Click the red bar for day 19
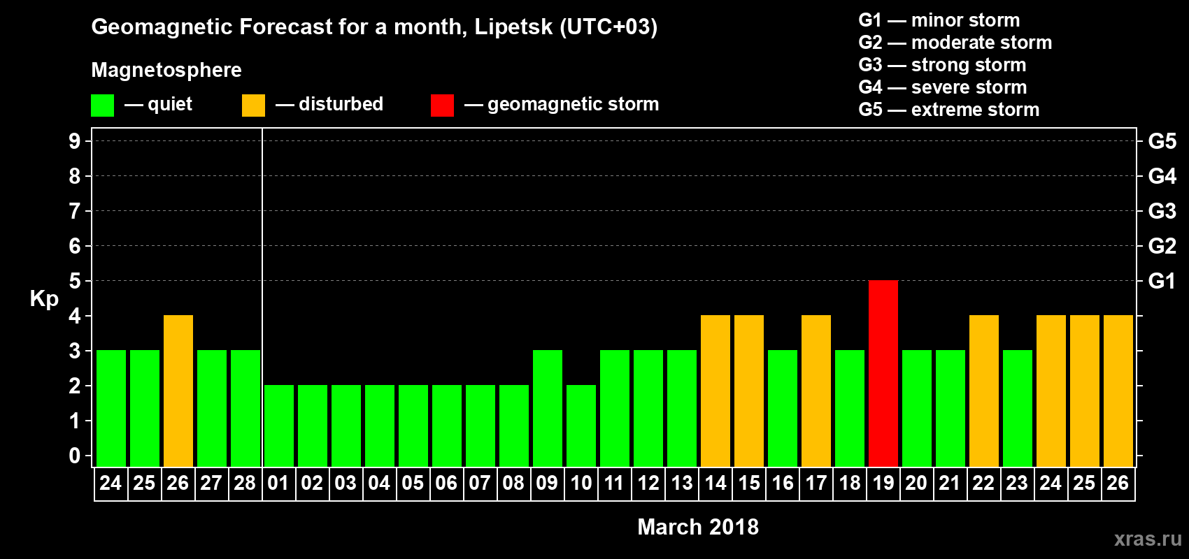[883, 373]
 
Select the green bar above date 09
[547, 408]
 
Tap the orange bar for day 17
[816, 391]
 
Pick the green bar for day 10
[581, 426]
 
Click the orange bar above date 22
[983, 391]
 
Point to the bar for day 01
[278, 426]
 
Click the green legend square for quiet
[103, 106]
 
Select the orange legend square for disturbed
[253, 106]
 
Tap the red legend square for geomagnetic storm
[442, 106]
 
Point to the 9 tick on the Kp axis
[75, 141]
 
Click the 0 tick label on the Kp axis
[75, 456]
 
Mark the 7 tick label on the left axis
[75, 211]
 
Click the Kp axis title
[44, 298]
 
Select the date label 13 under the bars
[681, 483]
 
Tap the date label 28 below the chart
[245, 483]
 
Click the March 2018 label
[698, 527]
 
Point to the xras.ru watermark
[1148, 539]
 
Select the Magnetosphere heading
[166, 70]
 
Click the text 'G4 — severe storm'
[943, 87]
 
